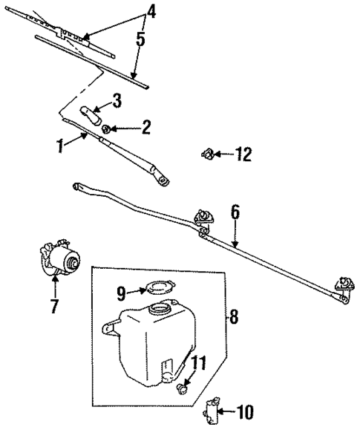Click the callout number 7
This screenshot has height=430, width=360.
(x=53, y=306)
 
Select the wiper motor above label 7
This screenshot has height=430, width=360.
(x=60, y=261)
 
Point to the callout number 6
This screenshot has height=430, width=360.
(x=235, y=212)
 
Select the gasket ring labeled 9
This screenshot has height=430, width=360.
(x=155, y=289)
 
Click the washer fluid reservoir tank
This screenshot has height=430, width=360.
(x=148, y=330)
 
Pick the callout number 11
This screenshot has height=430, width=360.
(x=196, y=363)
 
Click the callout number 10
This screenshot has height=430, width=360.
(x=246, y=409)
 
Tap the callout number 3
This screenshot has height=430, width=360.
(x=117, y=99)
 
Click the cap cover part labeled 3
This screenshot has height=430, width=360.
(x=91, y=116)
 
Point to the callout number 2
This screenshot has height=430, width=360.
(x=145, y=127)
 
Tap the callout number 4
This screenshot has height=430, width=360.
(x=151, y=11)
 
